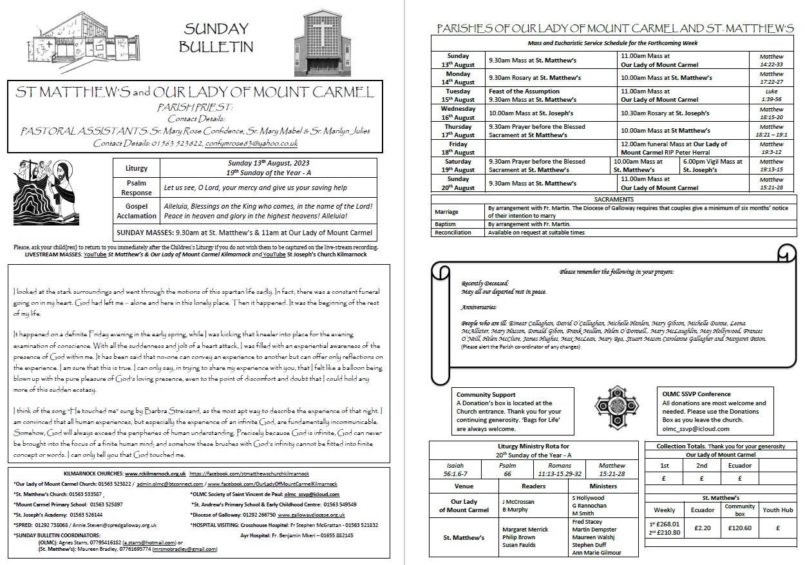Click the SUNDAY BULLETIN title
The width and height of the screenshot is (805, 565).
(216, 37)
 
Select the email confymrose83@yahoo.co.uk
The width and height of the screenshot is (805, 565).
(251, 143)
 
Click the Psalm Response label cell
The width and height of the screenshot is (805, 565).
(137, 187)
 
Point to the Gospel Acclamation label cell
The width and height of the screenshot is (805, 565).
(137, 211)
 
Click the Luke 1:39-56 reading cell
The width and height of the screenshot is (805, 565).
(771, 95)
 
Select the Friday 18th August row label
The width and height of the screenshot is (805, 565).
(459, 148)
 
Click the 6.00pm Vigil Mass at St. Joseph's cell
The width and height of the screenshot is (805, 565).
(713, 166)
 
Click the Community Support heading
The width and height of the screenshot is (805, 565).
(486, 394)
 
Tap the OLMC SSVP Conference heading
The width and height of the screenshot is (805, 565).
(696, 394)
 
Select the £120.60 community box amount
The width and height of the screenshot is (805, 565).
(739, 528)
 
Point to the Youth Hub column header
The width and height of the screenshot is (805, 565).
(777, 510)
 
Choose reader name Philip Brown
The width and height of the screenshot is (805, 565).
(518, 537)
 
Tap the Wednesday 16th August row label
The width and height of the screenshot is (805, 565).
(459, 113)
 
